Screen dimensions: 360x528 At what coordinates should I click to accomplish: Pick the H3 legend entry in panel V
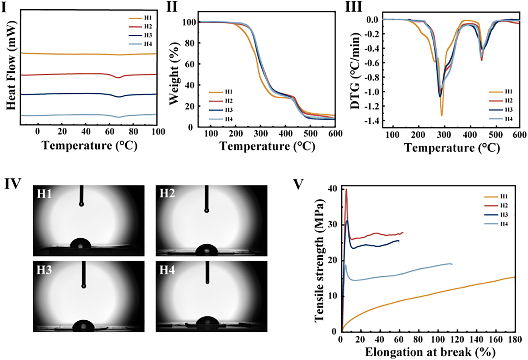point(504,215)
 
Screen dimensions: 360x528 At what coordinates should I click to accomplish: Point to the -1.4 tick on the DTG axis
point(371,121)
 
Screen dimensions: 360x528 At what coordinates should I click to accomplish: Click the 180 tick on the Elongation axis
point(515,340)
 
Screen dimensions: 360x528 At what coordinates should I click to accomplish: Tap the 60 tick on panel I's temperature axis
point(109,132)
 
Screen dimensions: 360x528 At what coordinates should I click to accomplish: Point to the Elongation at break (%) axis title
point(430,352)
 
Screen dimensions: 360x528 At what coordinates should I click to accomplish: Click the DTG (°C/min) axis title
point(355,71)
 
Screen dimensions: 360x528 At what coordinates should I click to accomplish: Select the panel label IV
point(13,184)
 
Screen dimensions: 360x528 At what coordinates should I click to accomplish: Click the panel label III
point(354,7)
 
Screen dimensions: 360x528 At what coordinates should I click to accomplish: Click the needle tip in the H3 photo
point(84,286)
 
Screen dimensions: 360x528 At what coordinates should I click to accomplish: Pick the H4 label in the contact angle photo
point(167,270)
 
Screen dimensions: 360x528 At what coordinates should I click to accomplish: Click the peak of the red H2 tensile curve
point(346,189)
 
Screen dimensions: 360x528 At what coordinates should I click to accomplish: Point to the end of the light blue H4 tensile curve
point(452,264)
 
